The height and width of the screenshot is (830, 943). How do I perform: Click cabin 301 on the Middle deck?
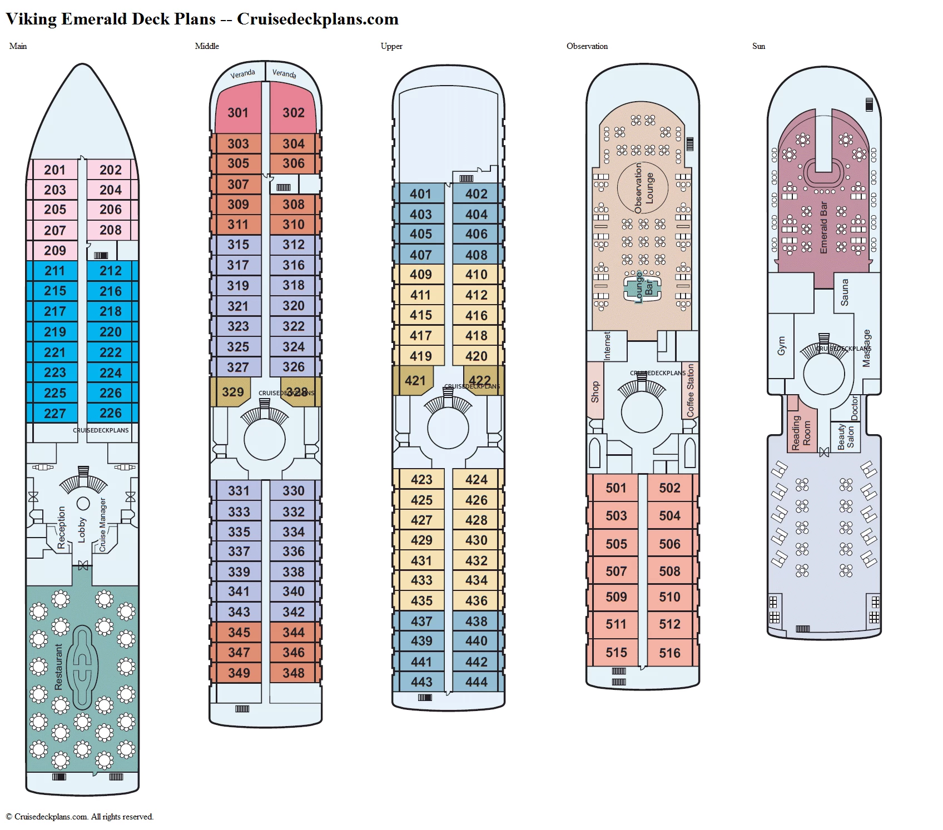(x=238, y=113)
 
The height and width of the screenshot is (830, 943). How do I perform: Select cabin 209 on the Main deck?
(x=55, y=251)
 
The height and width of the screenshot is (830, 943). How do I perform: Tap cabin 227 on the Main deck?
(x=55, y=414)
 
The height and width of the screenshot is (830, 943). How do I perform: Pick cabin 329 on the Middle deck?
(x=232, y=392)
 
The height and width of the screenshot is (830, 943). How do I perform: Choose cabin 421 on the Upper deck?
(x=415, y=381)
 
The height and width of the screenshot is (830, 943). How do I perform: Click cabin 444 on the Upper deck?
(x=477, y=682)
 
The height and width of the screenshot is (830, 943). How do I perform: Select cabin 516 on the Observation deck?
(x=669, y=653)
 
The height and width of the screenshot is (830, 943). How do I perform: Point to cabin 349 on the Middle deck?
(x=239, y=673)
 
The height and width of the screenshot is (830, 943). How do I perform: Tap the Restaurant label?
(x=58, y=667)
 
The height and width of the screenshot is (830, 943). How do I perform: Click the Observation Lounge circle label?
(x=643, y=188)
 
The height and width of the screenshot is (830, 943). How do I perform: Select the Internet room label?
(x=607, y=346)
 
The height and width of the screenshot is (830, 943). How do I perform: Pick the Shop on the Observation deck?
(x=595, y=391)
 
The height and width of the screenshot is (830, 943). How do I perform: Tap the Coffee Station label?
(x=690, y=390)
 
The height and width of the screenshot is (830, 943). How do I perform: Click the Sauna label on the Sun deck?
(x=844, y=292)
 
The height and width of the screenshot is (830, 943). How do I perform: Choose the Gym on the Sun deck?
(x=781, y=346)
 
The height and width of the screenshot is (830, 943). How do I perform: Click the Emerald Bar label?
(x=823, y=228)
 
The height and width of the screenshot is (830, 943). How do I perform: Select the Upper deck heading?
(x=391, y=46)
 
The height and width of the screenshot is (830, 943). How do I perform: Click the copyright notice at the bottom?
(x=80, y=817)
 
